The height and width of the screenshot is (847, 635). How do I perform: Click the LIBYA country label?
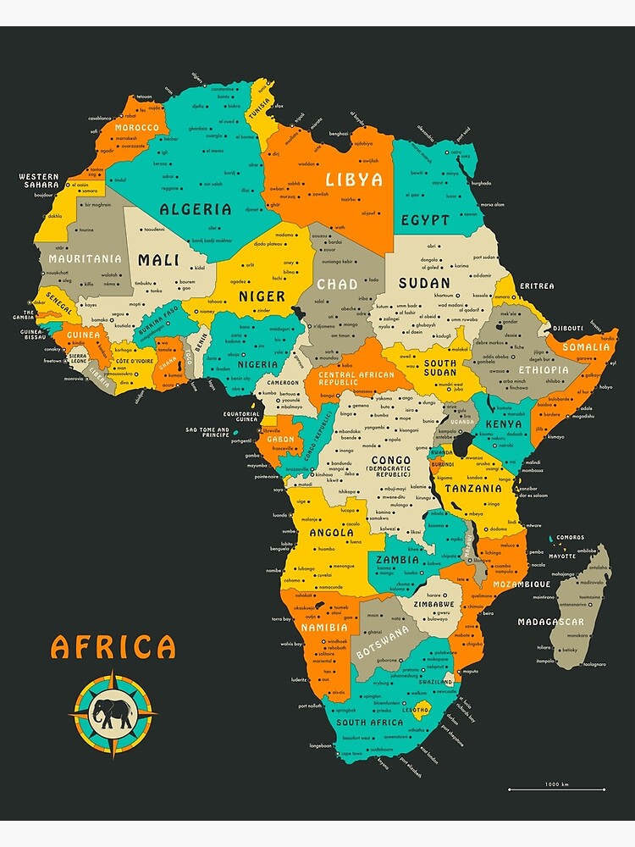(x=354, y=180)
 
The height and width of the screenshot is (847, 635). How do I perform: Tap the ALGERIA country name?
(x=196, y=208)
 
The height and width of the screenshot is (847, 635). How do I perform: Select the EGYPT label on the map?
(x=425, y=220)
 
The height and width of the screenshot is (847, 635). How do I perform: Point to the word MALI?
(x=158, y=260)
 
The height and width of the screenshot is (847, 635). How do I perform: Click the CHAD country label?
(x=337, y=285)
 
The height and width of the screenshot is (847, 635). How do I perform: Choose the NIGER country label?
(x=262, y=296)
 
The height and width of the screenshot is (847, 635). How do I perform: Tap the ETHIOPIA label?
(x=544, y=370)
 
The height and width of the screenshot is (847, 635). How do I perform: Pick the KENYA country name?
(x=504, y=423)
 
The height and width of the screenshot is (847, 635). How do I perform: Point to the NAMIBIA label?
(x=323, y=628)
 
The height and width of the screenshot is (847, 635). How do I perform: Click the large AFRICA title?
(x=113, y=647)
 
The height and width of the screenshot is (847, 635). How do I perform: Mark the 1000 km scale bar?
(x=556, y=789)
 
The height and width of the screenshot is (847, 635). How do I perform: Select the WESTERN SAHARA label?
(x=39, y=180)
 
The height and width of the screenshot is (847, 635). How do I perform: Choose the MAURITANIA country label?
(x=85, y=258)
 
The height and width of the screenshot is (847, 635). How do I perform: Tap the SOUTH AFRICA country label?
(x=369, y=722)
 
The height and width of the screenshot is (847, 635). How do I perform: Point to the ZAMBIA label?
(x=398, y=560)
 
